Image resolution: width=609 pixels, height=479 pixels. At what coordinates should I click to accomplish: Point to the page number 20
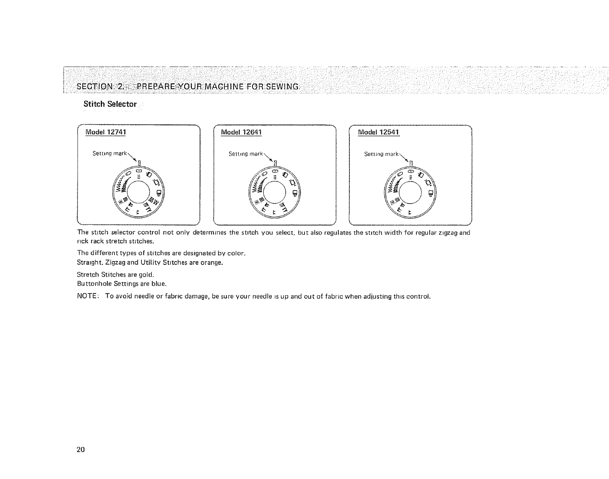click(x=80, y=450)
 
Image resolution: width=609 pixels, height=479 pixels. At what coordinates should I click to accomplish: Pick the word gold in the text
click(x=147, y=275)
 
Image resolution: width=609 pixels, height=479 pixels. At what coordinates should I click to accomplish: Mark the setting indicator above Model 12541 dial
click(x=411, y=163)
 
